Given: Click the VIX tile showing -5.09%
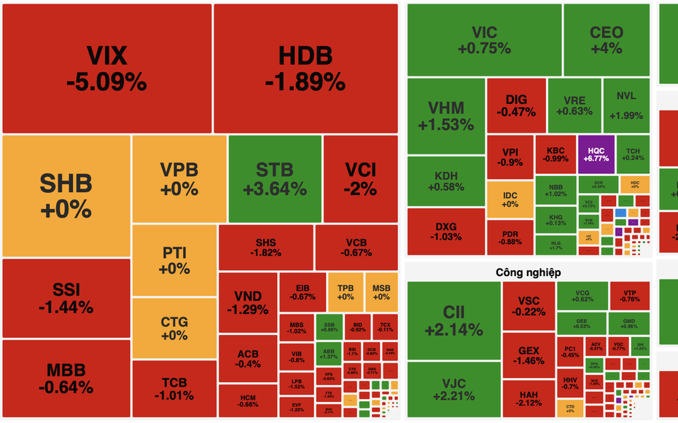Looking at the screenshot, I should point(106,68).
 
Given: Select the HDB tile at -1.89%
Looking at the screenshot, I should point(305,68).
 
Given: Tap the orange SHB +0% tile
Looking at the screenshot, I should point(66,195).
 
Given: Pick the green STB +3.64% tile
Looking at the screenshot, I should point(274,179).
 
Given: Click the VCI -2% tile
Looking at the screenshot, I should point(360,179).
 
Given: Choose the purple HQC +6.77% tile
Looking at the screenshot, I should point(596,154).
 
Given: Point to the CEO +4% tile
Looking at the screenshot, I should point(606,40).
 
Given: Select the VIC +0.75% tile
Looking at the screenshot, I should point(484,40).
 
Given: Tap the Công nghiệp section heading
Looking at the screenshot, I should point(528,272).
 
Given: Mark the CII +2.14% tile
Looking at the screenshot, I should point(453,320).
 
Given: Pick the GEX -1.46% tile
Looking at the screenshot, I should point(529,355).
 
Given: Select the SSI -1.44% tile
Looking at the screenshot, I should point(66,298).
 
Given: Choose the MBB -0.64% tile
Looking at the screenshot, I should point(66,378).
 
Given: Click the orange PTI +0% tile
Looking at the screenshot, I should point(175,261).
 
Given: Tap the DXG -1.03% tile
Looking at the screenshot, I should point(445,230).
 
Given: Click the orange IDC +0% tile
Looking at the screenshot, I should point(510,198).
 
